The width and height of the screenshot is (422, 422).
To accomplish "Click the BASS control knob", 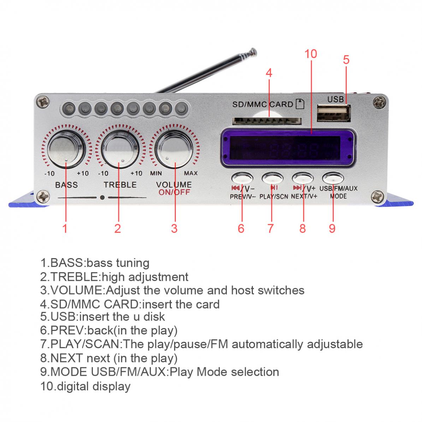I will click(x=66, y=149).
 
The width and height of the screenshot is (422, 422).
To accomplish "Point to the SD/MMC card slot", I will click(x=267, y=121).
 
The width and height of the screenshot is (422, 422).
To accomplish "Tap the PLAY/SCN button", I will click(x=273, y=177).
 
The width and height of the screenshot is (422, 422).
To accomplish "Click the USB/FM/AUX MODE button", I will click(x=333, y=177).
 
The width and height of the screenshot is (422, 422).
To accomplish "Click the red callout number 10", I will click(x=311, y=54).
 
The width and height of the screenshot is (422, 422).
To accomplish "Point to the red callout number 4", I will click(x=269, y=73).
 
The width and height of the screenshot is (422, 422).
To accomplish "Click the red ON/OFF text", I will click(x=174, y=192).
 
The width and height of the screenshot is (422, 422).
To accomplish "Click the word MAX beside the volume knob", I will click(x=191, y=173).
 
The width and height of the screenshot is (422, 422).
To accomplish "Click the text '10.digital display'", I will click(x=85, y=386).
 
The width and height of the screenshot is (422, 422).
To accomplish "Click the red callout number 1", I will click(x=65, y=228).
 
